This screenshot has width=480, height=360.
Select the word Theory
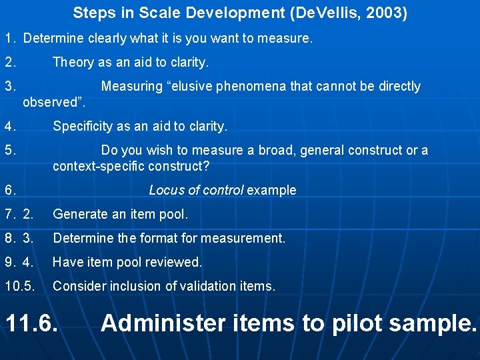73,63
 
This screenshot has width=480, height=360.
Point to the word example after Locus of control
271,191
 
